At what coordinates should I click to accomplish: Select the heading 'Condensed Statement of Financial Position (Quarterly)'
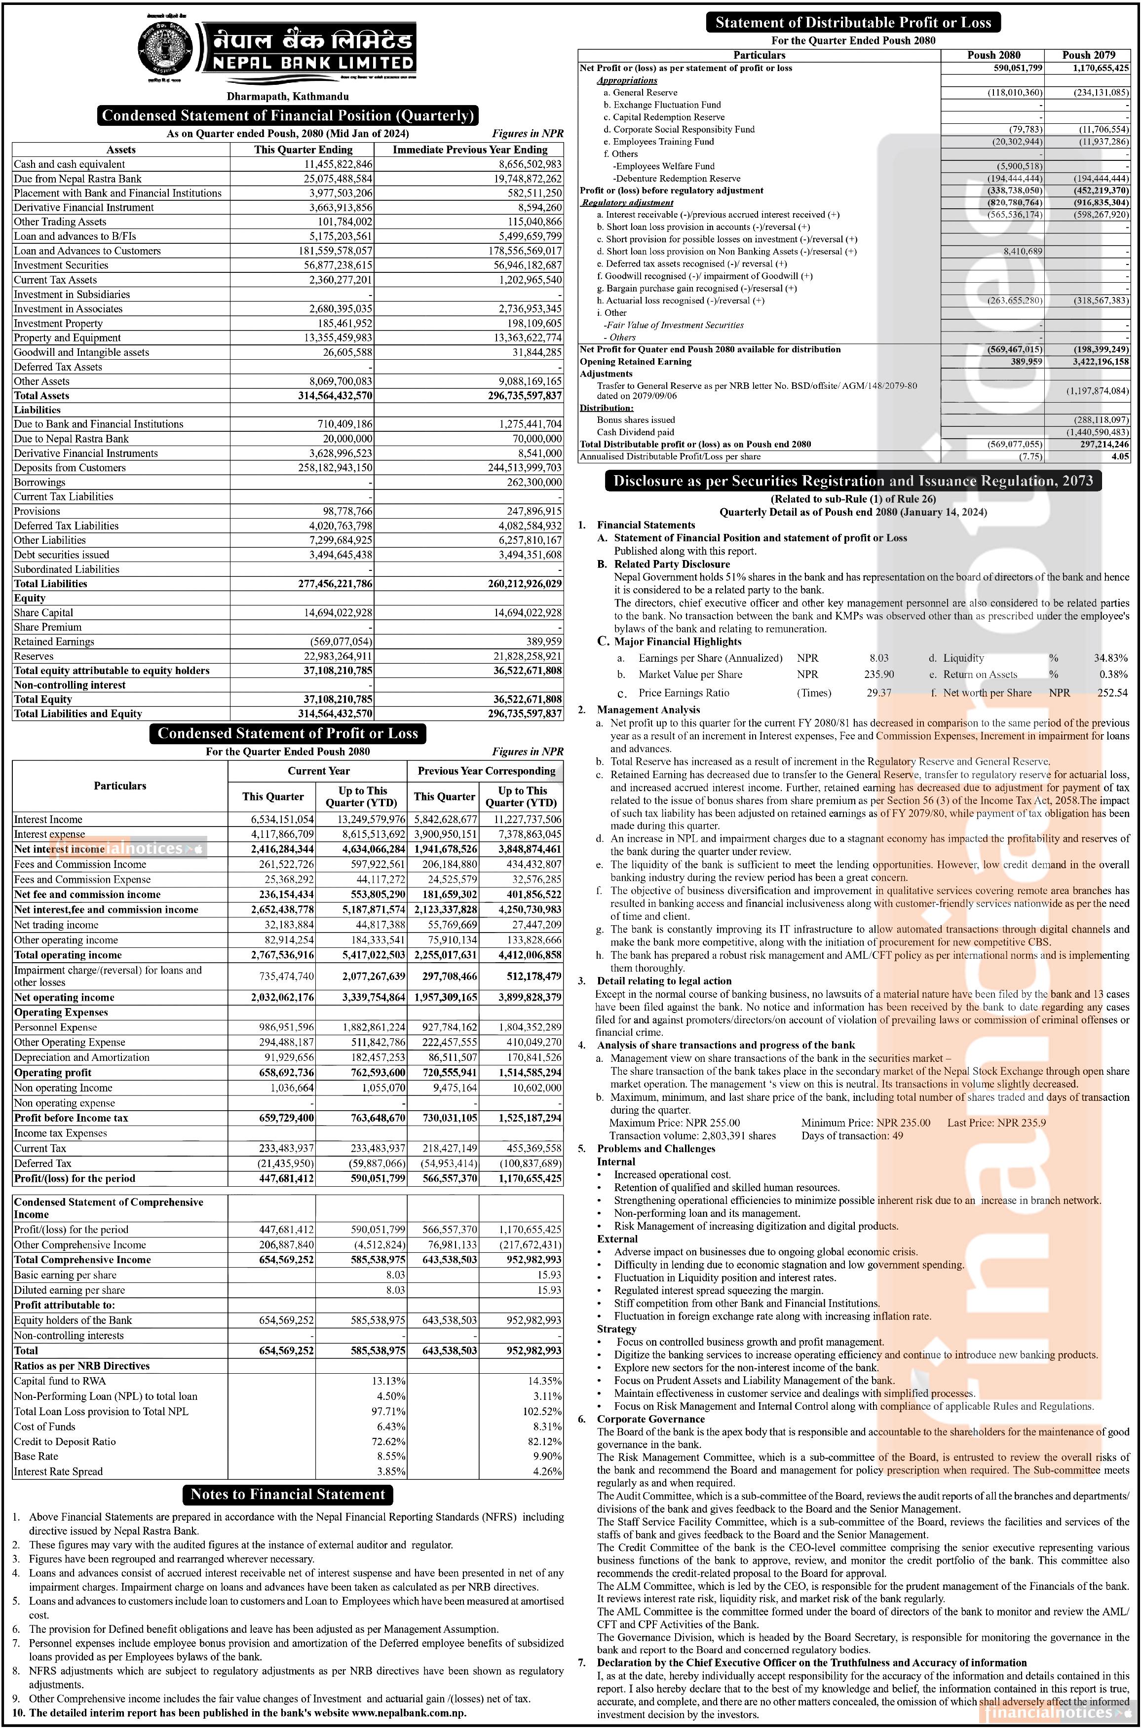pos(288,115)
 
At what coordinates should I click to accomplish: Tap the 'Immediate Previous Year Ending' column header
pos(470,150)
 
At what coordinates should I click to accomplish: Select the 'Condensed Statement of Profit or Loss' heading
pos(288,733)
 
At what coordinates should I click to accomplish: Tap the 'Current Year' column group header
pos(318,770)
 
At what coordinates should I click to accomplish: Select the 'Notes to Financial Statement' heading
pos(288,1494)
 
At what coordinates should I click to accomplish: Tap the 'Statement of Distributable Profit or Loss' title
pos(853,23)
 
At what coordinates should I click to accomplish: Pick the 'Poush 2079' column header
pos(1088,55)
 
